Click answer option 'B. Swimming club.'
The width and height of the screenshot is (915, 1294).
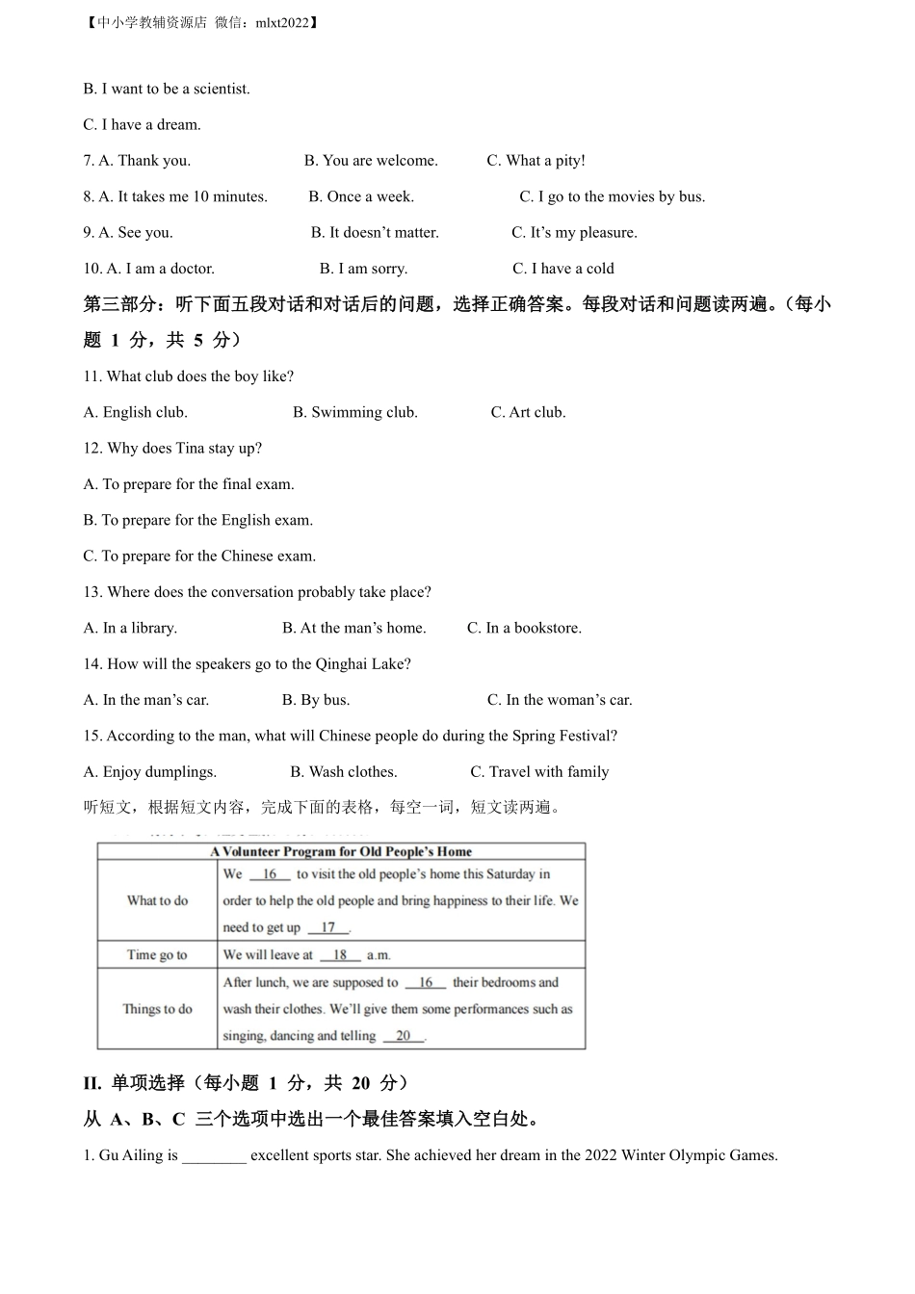point(354,412)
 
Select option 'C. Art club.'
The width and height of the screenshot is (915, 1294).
point(528,412)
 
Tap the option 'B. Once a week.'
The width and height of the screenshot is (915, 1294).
point(361,196)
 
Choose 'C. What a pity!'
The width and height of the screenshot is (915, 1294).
point(536,161)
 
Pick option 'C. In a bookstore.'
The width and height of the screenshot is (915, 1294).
point(524,628)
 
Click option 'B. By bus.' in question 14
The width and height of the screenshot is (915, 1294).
point(316,700)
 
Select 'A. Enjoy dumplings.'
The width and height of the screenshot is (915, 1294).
point(150,771)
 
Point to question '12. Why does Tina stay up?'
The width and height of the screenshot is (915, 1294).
point(172,448)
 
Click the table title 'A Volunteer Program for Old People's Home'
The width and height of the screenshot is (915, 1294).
point(341,851)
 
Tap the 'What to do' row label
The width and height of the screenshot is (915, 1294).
point(157,900)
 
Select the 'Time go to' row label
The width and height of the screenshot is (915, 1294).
point(157,955)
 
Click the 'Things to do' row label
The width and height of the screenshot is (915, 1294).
point(157,1009)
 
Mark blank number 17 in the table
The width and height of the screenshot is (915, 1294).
point(328,927)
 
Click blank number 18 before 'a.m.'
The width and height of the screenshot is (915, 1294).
point(340,955)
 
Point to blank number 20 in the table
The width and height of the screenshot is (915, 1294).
point(403,1036)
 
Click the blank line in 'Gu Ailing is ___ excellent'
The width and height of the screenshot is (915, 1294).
point(214,1156)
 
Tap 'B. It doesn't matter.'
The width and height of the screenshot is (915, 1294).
point(375,232)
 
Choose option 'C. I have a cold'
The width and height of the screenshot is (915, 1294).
point(563,269)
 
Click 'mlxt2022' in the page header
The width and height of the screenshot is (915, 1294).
point(283,22)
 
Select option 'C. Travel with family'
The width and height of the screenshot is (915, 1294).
point(539,771)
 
